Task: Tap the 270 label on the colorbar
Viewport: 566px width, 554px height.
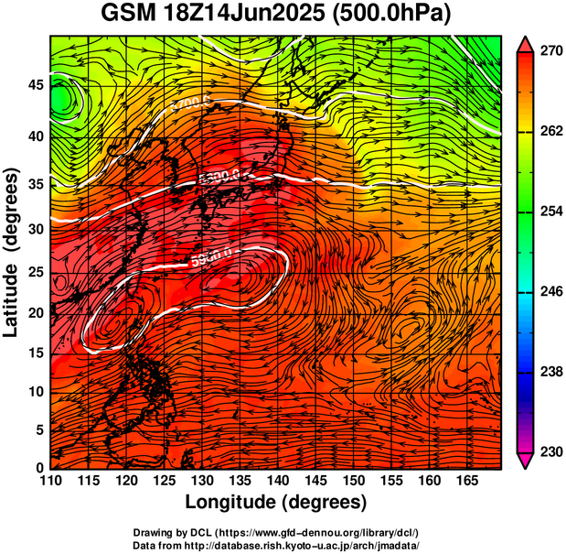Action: (550, 52)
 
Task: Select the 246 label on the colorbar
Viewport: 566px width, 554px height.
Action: (550, 292)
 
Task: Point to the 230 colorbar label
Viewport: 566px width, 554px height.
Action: (550, 451)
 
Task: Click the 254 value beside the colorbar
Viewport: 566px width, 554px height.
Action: (550, 212)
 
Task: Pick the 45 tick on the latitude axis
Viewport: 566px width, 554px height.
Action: (33, 84)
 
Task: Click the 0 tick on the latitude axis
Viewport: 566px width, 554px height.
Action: (37, 468)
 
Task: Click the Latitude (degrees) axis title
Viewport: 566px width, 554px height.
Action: (11, 253)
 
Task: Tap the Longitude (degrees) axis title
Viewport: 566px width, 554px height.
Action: (276, 503)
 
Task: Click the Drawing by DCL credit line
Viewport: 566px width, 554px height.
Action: (276, 532)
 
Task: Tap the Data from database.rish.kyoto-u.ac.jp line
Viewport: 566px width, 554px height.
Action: (276, 545)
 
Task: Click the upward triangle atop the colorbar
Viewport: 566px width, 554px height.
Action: (525, 42)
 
